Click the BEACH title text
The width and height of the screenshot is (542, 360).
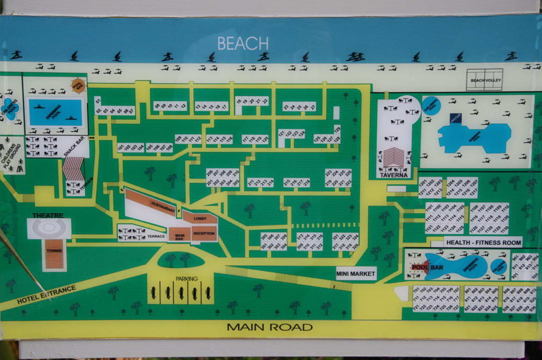coord(243,43)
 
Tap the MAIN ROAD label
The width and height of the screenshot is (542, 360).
coord(270,327)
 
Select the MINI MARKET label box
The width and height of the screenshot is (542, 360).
coord(356,273)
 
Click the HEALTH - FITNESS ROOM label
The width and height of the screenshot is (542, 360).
coord(483,242)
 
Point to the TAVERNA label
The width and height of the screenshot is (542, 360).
coord(393,175)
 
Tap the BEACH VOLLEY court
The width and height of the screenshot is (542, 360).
coord(484,79)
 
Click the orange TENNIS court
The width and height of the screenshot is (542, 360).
coord(54,253)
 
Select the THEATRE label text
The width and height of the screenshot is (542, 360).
coord(48,215)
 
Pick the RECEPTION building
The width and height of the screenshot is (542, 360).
coord(204,233)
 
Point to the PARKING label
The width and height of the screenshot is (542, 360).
coord(186,278)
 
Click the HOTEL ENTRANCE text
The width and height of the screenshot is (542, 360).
coord(46,294)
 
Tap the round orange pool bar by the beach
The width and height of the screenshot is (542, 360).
coord(79,85)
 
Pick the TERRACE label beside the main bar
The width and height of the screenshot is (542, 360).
coord(156,236)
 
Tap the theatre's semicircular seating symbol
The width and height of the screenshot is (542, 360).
coord(49,227)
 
